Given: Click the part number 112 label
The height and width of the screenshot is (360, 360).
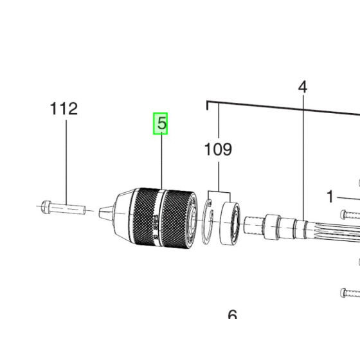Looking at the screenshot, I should coord(64,109).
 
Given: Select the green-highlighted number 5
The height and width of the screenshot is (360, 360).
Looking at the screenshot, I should coord(160,123).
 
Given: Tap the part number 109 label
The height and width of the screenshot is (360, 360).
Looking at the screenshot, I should coord(218,150).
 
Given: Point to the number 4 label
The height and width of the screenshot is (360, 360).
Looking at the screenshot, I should coord(302,86).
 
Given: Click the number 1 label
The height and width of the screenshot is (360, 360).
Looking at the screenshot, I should coord(330,197).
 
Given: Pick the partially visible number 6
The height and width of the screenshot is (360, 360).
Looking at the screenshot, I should coord(232,315).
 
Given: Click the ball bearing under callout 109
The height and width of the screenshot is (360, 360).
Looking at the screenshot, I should coord(230,224).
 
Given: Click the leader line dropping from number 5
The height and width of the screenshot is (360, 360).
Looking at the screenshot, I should coord(161,161).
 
